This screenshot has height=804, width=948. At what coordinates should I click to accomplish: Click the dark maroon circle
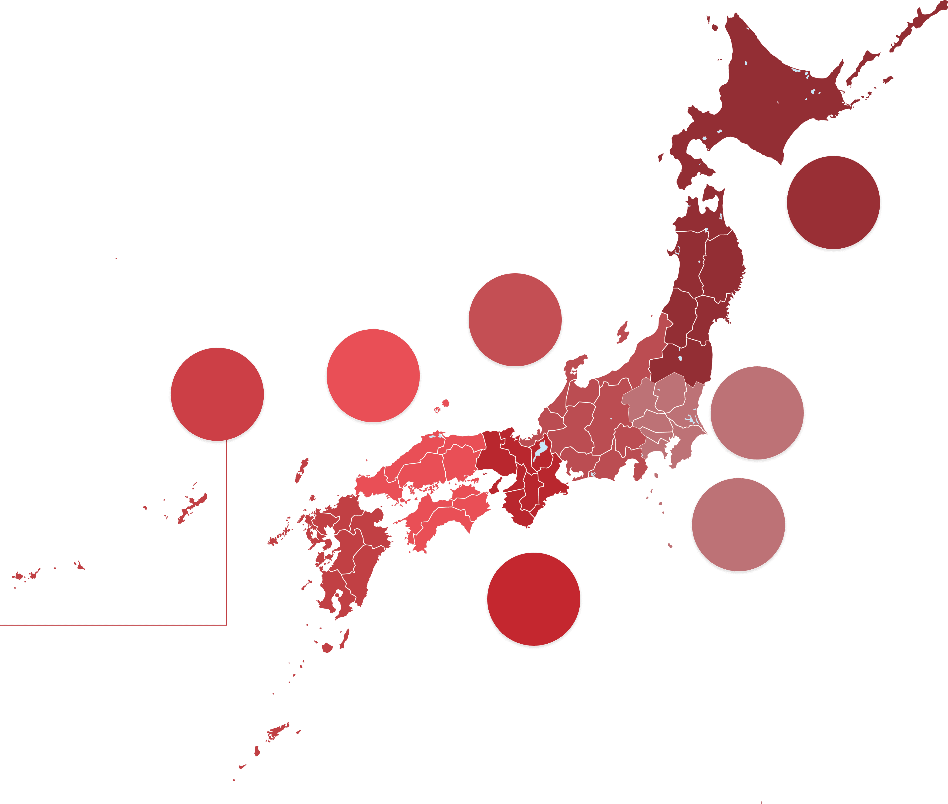click(833, 203)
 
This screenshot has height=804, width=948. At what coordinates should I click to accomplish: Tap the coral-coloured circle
click(373, 376)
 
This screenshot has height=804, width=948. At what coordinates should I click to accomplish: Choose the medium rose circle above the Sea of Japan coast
click(515, 320)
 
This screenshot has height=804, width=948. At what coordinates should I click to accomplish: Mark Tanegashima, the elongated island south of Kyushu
click(345, 638)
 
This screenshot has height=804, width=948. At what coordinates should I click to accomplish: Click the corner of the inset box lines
click(226, 625)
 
